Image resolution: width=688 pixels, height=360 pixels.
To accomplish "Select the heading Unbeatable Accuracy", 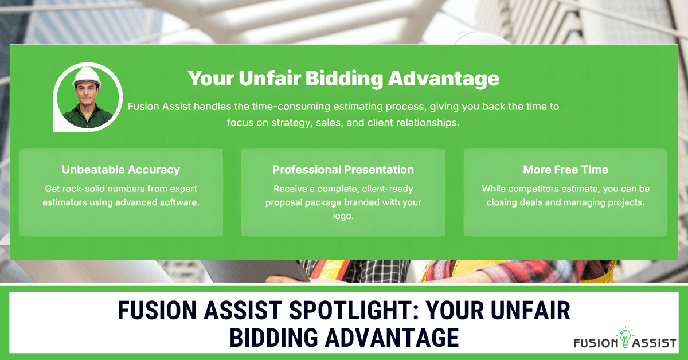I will (120, 170).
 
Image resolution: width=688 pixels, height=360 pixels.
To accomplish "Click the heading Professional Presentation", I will (343, 170).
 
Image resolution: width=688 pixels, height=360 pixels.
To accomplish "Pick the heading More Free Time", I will (565, 170).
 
